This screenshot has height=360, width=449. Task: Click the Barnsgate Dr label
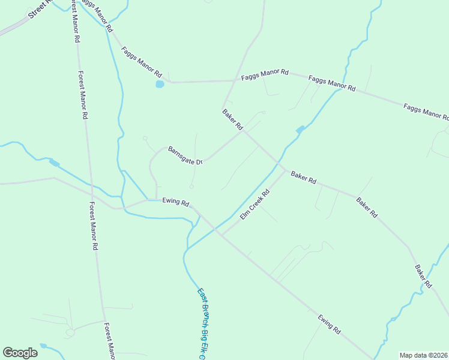187,155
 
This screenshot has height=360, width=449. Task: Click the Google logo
20,353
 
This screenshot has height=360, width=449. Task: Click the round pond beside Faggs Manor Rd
160,84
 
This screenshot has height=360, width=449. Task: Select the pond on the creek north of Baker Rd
300,130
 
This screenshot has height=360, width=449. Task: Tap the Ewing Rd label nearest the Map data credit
330,324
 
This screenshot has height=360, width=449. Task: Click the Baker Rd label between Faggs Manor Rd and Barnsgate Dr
232,119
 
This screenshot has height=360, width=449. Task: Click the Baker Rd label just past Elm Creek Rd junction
303,178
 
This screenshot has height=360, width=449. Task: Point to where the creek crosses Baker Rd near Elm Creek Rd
278,162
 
